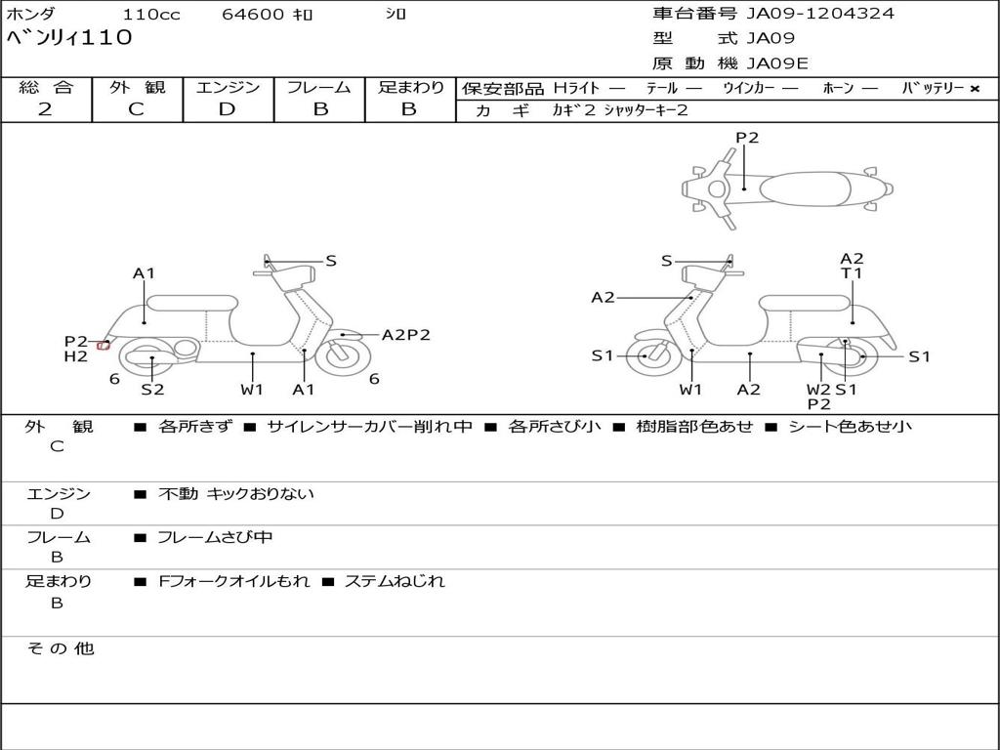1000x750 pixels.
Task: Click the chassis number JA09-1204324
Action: coord(820,14)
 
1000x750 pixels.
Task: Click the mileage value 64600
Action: coord(253,14)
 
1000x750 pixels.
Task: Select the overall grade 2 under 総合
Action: coord(45,109)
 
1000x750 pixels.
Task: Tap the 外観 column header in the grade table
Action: coord(137,87)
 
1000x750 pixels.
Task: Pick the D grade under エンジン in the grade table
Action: coord(227,109)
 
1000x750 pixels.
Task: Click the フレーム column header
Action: coord(319,87)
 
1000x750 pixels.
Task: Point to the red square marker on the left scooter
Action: coord(103,346)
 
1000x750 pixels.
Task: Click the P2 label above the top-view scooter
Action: coord(747,137)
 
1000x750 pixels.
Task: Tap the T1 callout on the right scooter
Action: coord(852,273)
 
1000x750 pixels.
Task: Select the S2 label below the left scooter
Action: coord(152,389)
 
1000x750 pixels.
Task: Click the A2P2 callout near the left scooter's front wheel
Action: coord(405,335)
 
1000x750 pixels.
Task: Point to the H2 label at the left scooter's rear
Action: coord(76,356)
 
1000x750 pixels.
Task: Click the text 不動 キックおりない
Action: coord(236,493)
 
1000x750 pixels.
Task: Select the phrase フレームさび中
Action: coord(215,538)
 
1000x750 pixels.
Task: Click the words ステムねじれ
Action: coord(395,581)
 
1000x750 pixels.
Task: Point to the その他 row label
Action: coord(60,648)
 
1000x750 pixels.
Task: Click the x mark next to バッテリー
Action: coord(975,89)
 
